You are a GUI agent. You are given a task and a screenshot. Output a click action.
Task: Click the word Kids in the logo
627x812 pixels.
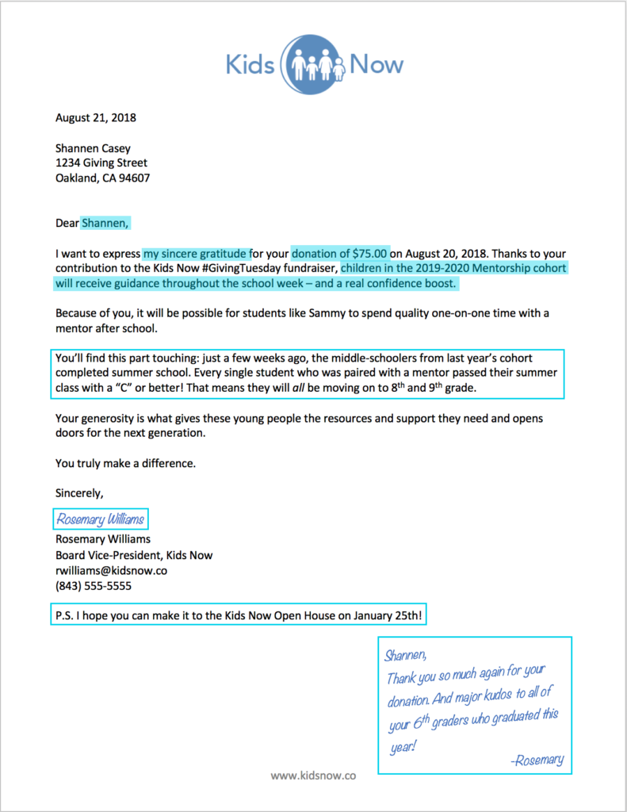point(250,64)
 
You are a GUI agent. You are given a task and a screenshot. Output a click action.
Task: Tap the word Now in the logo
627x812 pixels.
point(377,64)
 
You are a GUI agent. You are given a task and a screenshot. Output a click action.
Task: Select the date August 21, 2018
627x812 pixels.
point(95,118)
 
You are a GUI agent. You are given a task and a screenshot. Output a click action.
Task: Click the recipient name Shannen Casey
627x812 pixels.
point(93,148)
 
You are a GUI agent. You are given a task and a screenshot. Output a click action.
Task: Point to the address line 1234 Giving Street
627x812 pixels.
point(101,163)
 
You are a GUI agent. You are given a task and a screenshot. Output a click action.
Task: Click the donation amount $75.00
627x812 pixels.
point(365,254)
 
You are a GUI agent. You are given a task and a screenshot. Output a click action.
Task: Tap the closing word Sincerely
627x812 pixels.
point(78,492)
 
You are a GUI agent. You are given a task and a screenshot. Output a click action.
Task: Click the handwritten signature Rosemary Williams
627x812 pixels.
point(101,519)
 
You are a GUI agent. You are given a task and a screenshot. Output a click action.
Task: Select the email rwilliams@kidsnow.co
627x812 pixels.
point(110,571)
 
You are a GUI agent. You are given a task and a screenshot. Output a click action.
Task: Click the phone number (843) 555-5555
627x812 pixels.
point(93,586)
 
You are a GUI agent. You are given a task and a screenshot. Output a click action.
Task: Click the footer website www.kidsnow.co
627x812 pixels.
point(313,776)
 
